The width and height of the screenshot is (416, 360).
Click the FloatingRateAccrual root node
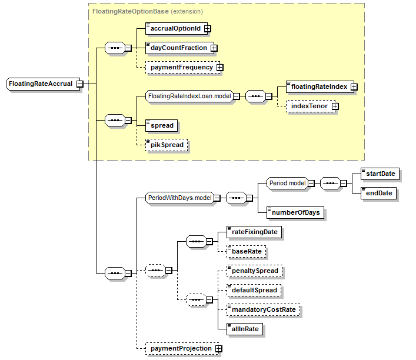[43, 84]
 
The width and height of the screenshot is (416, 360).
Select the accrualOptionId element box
[177, 28]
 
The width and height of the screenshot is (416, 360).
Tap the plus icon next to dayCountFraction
[214, 48]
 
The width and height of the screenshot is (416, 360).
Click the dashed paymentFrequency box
[182, 68]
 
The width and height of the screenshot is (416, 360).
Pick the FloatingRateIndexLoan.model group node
[189, 96]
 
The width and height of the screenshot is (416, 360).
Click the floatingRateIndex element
[320, 86]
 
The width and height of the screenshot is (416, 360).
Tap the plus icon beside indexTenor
[335, 106]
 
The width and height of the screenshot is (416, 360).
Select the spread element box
[161, 125]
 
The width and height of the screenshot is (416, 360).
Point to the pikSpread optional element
[167, 145]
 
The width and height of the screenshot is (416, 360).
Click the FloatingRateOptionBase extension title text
[148, 11]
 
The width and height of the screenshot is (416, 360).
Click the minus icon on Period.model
[311, 184]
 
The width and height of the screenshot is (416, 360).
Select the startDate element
[380, 174]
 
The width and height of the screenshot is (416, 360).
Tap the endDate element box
[378, 193]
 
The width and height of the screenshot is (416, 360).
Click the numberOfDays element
[295, 212]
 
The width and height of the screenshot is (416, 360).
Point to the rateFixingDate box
[254, 232]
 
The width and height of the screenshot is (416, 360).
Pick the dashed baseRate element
[246, 252]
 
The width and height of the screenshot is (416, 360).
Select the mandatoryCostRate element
[263, 309]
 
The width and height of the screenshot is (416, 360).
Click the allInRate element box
[245, 329]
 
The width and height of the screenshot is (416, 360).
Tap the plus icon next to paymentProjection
[219, 349]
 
